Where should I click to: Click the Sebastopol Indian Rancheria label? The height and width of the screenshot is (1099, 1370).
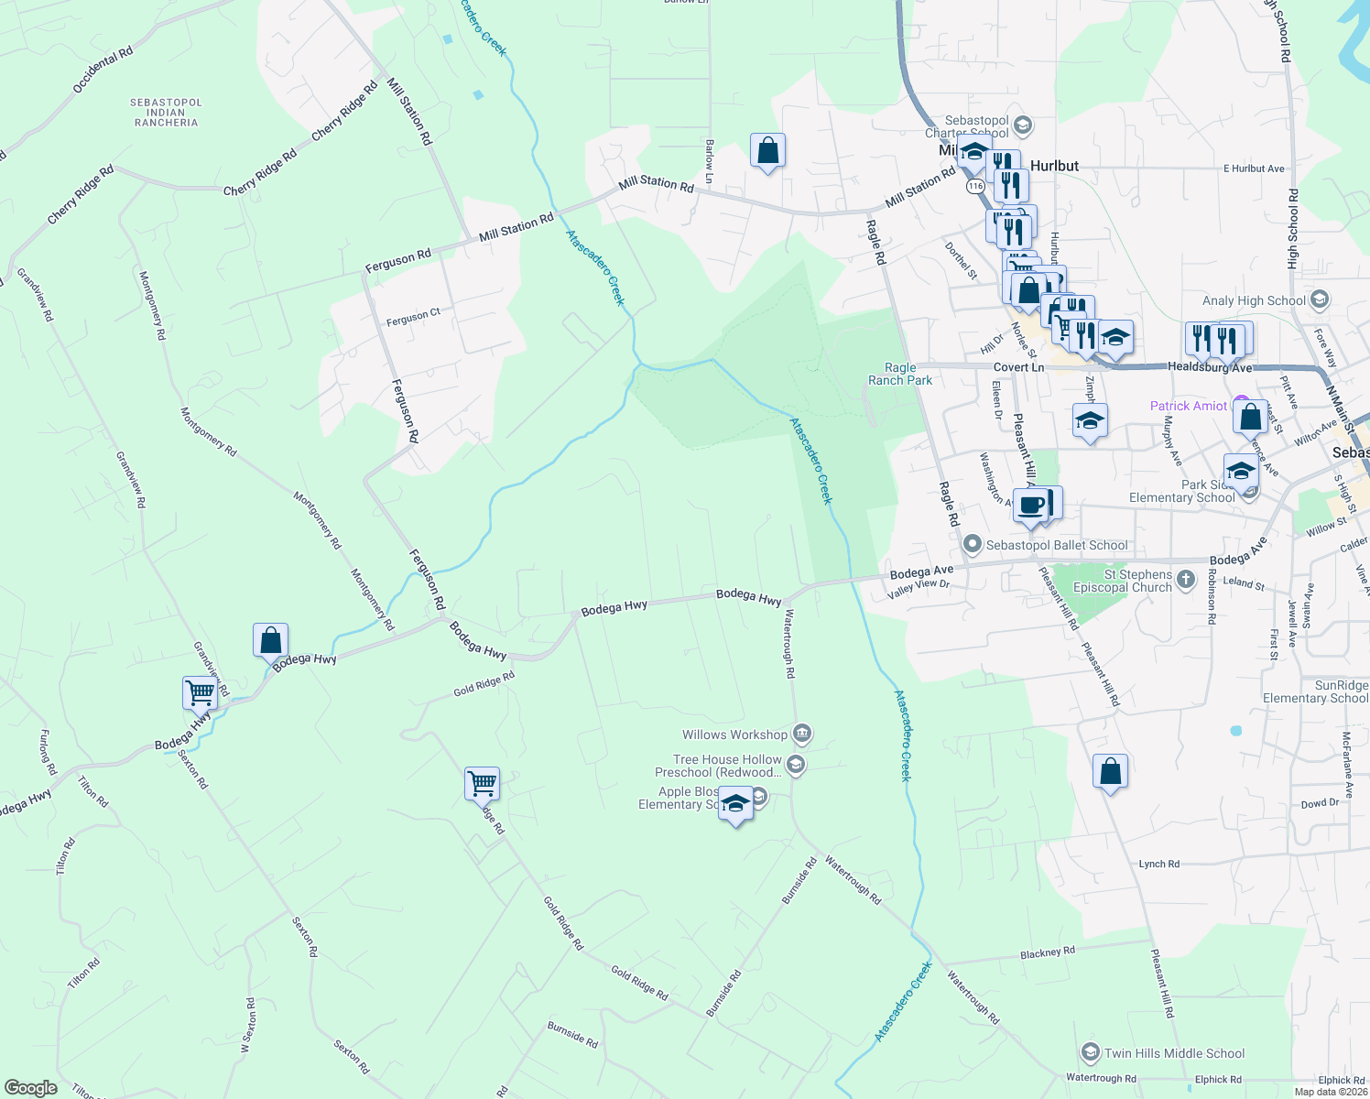click(x=166, y=113)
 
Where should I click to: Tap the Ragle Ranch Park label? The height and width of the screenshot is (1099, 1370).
click(x=900, y=374)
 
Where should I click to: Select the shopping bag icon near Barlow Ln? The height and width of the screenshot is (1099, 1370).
click(x=767, y=150)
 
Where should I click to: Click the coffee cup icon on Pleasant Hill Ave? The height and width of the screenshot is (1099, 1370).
click(x=1031, y=505)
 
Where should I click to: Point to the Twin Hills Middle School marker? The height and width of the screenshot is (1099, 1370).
click(x=1090, y=1052)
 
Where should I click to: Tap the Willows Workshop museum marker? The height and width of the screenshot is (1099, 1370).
click(x=801, y=734)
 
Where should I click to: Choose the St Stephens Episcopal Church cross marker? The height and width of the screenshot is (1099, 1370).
click(x=1186, y=579)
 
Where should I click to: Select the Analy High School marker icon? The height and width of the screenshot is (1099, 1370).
click(x=1320, y=299)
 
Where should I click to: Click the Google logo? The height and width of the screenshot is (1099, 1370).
click(x=30, y=1087)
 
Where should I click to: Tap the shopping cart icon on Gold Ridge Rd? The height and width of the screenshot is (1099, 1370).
click(x=482, y=784)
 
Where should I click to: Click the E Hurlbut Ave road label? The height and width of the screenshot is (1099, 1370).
click(x=1254, y=169)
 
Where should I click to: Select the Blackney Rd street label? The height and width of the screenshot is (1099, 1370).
click(x=1047, y=952)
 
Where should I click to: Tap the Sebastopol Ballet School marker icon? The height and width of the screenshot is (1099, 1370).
click(x=973, y=545)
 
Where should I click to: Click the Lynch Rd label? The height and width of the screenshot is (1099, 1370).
click(x=1158, y=864)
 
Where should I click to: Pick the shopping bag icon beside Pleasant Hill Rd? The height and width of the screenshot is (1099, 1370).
click(x=1110, y=772)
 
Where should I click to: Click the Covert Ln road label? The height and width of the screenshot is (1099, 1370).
click(x=1018, y=367)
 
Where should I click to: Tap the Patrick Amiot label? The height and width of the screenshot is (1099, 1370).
click(x=1188, y=406)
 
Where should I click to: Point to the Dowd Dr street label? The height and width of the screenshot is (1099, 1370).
click(x=1320, y=803)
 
